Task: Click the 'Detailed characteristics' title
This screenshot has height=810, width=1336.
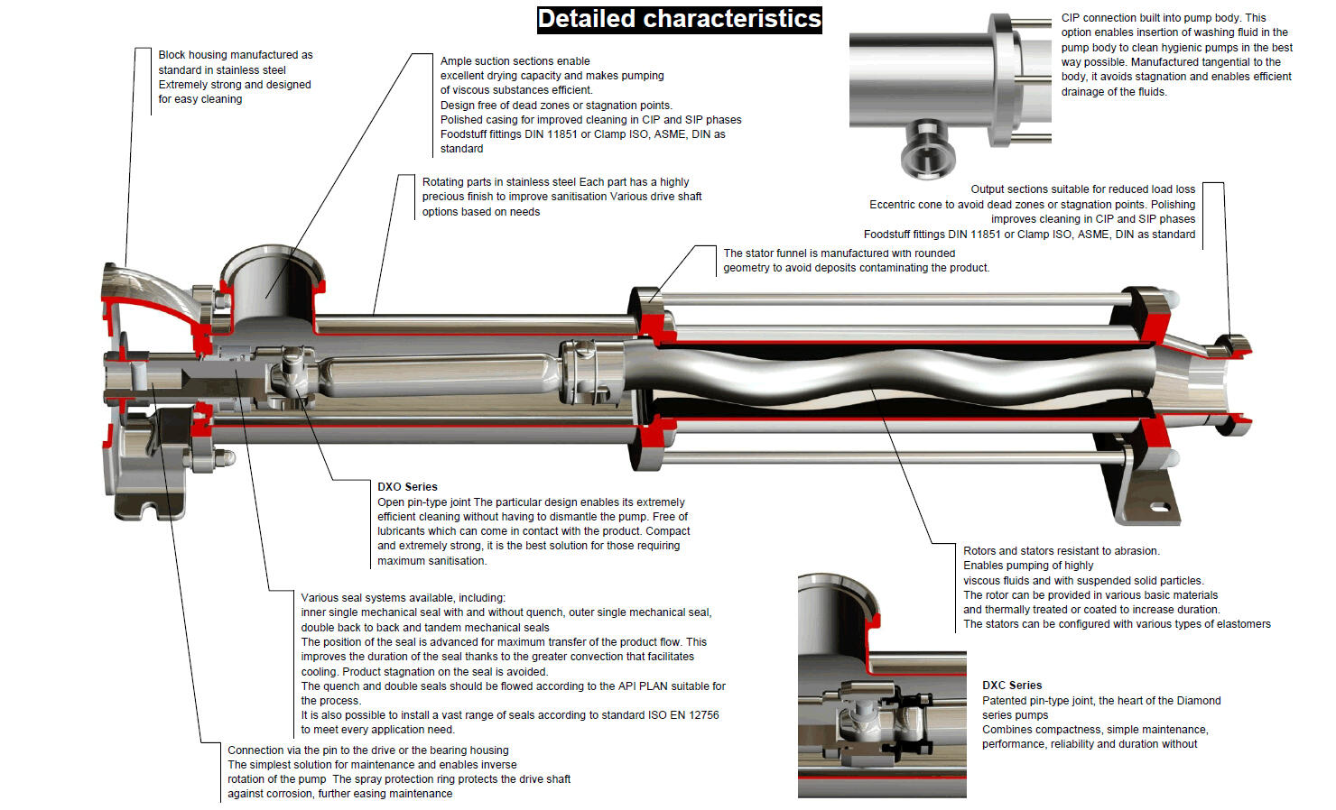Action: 679,19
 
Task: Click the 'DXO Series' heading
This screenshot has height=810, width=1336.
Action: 407,486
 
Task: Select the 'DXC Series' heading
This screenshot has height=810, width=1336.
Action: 1012,685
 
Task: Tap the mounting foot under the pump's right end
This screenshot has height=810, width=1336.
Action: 1146,505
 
